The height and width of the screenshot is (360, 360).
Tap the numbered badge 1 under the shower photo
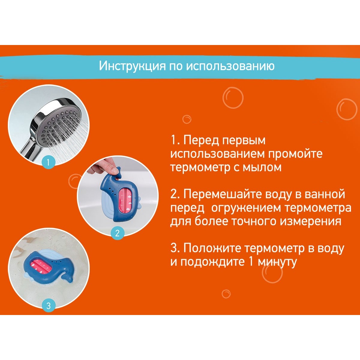click(x=48, y=162)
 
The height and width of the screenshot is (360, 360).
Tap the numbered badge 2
click(x=117, y=233)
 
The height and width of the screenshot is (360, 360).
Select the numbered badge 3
click(x=48, y=306)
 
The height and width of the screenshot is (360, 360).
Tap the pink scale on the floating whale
click(x=41, y=265)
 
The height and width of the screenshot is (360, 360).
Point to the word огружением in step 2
click(x=246, y=208)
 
